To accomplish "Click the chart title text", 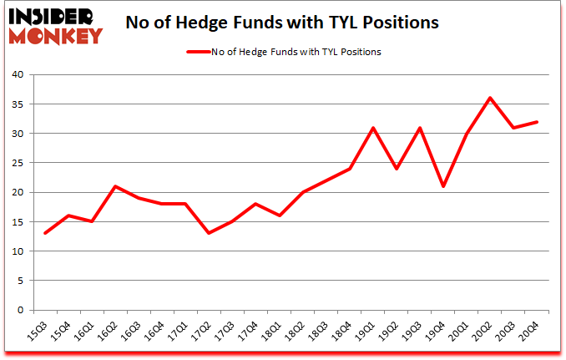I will tap(281, 23).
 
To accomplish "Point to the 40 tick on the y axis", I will tap(18, 75).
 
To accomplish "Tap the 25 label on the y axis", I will tap(18, 163).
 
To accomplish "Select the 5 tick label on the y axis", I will tap(20, 281).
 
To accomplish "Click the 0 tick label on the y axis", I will tap(20, 311).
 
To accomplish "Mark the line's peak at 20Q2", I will tap(490, 98).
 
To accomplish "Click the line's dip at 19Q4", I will tap(443, 186).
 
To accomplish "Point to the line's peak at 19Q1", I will tap(373, 128).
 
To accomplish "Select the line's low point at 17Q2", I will tap(210, 233).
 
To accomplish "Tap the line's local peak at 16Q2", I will tap(115, 186).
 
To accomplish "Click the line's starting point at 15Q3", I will tap(45, 233).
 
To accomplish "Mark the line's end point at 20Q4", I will tap(537, 122).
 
